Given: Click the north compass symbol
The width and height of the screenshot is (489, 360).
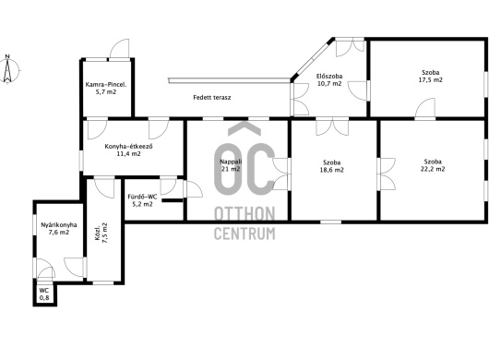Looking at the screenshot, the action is pyautogui.click(x=7, y=69).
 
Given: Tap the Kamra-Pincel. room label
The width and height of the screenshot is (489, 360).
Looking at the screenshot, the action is pyautogui.click(x=106, y=85).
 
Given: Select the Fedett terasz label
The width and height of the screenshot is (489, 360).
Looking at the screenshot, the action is pyautogui.click(x=212, y=97).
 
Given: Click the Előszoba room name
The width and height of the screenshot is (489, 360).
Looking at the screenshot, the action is pyautogui.click(x=329, y=76).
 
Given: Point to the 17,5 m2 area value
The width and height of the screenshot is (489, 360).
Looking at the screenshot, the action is pyautogui.click(x=430, y=80).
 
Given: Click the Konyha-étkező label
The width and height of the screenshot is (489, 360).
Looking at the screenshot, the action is pyautogui.click(x=129, y=147).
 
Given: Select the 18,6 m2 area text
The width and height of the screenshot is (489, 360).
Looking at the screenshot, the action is pyautogui.click(x=331, y=170).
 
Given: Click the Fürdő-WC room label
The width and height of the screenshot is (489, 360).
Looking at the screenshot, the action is pyautogui.click(x=142, y=197).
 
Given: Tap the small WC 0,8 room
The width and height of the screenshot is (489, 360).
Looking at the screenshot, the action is pyautogui.click(x=44, y=294).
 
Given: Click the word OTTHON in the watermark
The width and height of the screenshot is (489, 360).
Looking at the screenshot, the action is pyautogui.click(x=244, y=214).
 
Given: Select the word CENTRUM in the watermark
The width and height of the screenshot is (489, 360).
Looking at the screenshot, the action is pyautogui.click(x=244, y=234).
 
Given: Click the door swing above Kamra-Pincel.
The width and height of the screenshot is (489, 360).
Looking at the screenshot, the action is pyautogui.click(x=119, y=49).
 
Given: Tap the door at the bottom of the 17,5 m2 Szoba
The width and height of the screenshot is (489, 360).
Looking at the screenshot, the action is pyautogui.click(x=425, y=108).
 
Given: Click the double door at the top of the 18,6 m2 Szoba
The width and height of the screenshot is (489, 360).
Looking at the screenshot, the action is pyautogui.click(x=332, y=127).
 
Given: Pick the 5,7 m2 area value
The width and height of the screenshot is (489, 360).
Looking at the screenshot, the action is pyautogui.click(x=106, y=92).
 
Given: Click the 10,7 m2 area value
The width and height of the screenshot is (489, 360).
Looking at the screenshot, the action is pyautogui.click(x=329, y=84).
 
